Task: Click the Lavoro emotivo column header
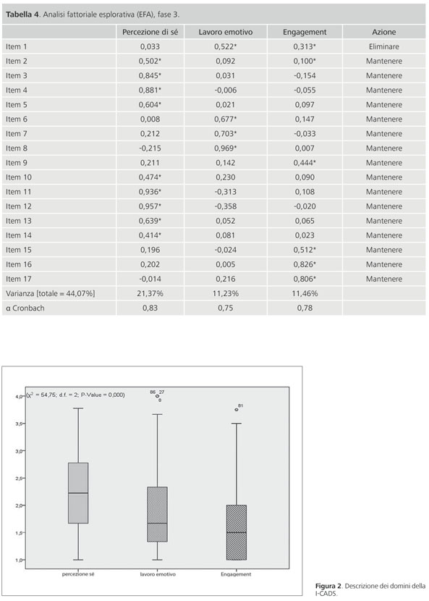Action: pos(225,32)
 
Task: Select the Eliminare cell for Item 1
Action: pos(384,47)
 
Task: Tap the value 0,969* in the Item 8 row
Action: pos(225,148)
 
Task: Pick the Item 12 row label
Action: pos(18,206)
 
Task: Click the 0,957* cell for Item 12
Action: pos(150,206)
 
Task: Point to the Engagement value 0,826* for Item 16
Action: pos(305,264)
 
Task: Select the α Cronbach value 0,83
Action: pos(150,308)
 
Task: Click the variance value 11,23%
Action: pos(225,293)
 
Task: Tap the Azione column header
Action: pos(384,32)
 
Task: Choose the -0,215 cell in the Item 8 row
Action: pos(150,148)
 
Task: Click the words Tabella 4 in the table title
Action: pos(22,14)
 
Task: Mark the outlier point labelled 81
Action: pos(237,410)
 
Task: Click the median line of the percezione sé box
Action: pos(78,493)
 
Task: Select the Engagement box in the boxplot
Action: pos(237,532)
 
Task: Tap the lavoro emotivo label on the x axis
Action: pos(158,574)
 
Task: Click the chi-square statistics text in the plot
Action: pos(75,395)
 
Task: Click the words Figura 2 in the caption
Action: pos(328,586)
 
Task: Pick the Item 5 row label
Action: pos(17,105)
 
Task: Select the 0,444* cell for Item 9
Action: pos(305,163)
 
